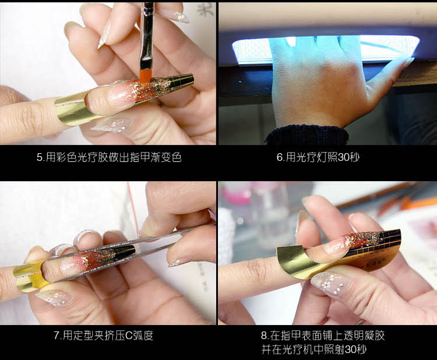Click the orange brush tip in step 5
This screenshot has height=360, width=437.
(x=146, y=76)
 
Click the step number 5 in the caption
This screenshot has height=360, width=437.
(x=39, y=158)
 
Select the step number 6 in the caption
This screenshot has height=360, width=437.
(x=280, y=157)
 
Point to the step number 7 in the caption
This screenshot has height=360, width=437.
(x=57, y=336)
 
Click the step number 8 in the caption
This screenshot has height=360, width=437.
(x=264, y=336)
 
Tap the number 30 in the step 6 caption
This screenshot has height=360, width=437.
(x=343, y=157)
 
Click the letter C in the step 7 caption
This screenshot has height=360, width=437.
(x=129, y=336)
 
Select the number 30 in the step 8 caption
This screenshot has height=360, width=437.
(x=350, y=350)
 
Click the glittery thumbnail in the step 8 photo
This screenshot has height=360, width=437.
(x=329, y=285)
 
